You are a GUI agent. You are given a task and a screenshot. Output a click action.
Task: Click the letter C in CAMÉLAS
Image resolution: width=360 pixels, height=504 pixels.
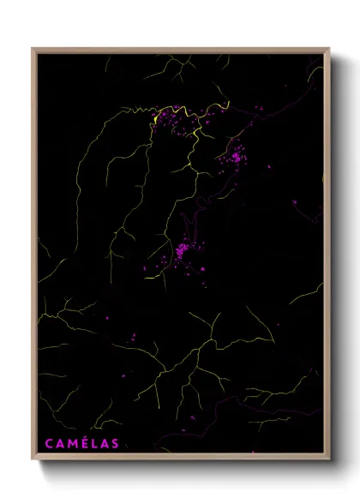tap(49, 443)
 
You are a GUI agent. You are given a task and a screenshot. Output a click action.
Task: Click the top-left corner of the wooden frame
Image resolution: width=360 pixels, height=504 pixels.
tap(33, 49)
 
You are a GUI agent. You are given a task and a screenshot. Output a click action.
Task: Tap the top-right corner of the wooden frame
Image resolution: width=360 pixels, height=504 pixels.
tap(329, 49)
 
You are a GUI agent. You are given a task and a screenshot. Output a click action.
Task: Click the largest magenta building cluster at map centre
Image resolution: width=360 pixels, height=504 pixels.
tap(183, 251)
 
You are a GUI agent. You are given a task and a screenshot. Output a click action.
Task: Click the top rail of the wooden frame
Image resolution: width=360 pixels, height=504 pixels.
tap(180, 50)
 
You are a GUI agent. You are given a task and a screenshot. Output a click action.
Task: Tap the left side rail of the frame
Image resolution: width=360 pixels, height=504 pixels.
tap(33, 257)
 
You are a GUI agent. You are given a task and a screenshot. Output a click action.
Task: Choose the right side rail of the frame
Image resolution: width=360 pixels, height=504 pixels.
tap(328, 257)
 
